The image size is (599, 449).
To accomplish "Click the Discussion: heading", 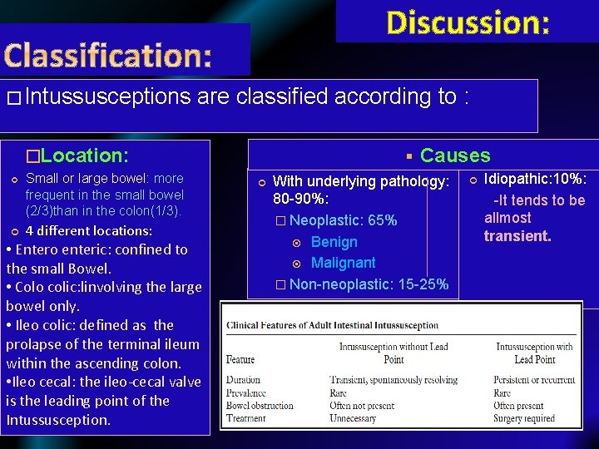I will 468,22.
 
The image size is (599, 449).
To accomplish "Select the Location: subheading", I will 77,155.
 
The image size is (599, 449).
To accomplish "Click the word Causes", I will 455,155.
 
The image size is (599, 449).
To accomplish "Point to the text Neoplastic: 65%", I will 343,220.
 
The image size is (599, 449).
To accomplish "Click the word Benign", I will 334,242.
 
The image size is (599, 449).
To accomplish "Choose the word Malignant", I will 343,263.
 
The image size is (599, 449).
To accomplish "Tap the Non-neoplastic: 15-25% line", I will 369,284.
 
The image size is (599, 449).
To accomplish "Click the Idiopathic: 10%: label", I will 535,180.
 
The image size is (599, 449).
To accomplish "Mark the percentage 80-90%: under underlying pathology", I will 300,200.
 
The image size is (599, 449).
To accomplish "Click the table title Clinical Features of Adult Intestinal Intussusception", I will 332,325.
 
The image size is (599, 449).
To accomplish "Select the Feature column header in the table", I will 240,359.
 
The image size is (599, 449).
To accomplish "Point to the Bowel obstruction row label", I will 260,406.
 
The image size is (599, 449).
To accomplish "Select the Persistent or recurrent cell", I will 534,380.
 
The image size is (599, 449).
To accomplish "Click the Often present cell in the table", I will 518,406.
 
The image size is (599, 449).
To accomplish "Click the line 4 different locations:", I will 89,230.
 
